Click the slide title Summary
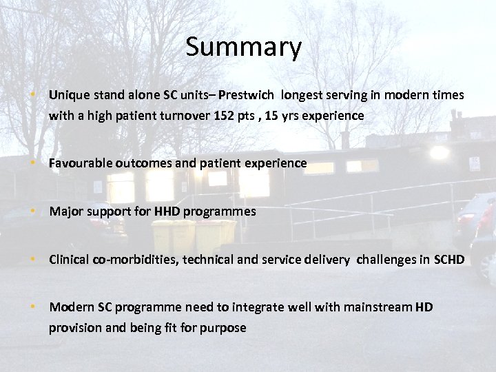[243, 48]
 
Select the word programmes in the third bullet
[218, 212]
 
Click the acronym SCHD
[449, 260]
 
